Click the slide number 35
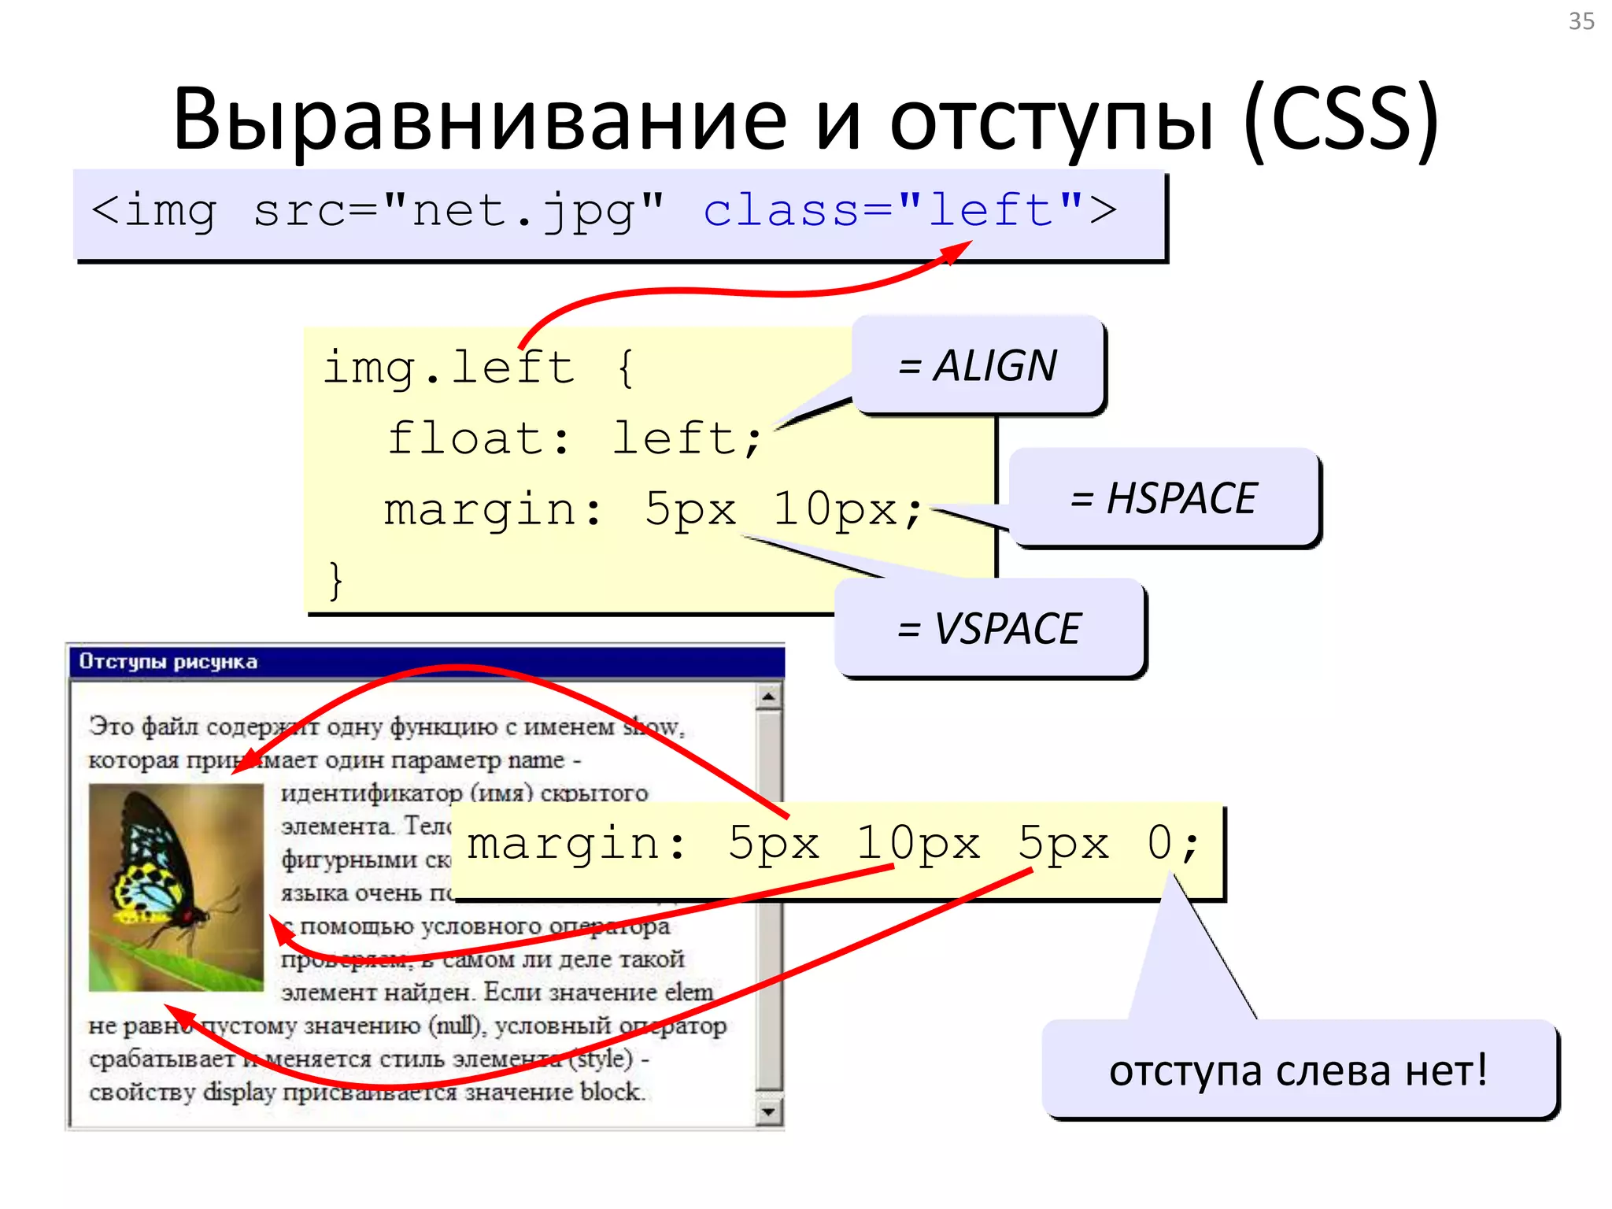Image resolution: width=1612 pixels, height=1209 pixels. click(1581, 21)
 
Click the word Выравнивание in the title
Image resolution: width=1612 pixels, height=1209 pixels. click(479, 120)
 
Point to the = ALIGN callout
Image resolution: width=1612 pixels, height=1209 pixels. click(978, 365)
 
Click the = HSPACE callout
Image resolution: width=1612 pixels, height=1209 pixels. click(1163, 498)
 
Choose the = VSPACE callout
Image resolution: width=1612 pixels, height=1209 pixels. click(989, 629)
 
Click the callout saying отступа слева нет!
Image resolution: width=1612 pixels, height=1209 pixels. click(1299, 1070)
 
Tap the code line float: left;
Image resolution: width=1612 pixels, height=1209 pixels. click(575, 438)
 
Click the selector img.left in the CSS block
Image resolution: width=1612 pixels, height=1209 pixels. click(449, 368)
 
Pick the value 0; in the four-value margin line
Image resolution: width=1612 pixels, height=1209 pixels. click(1173, 844)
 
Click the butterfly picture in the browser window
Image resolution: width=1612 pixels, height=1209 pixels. click(176, 887)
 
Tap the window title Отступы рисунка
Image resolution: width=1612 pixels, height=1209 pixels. click(168, 662)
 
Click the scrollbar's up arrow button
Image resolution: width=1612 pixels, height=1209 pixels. click(768, 697)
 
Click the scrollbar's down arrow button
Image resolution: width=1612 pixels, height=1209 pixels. click(768, 1111)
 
